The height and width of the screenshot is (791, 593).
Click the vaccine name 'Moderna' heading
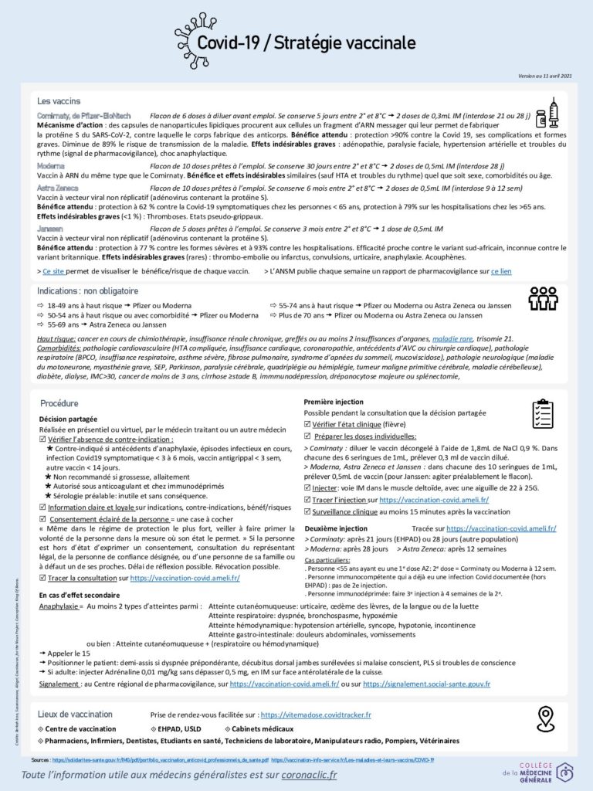coord(51,165)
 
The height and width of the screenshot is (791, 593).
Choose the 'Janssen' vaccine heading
coord(50,229)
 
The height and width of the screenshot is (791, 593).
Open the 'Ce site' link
coord(53,272)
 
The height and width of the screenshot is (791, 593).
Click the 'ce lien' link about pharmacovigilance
coord(500,272)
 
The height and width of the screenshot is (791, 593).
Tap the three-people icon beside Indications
coord(542,297)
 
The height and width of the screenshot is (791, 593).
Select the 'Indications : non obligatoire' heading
coord(87,291)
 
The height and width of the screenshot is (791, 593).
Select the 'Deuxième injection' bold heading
coord(336,528)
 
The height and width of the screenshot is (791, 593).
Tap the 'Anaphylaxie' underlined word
coord(60,607)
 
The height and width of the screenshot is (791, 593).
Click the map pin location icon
coord(546,718)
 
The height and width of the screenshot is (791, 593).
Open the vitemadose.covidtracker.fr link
coord(315,715)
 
